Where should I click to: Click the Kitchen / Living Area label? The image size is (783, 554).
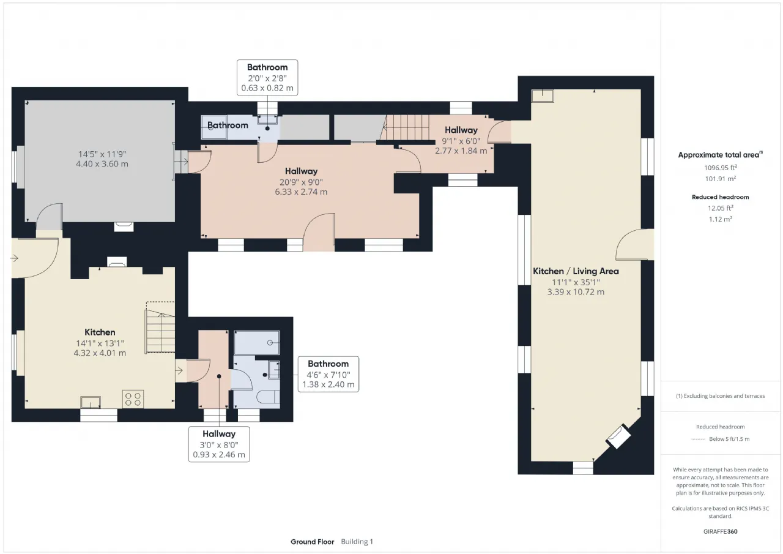coord(576,271)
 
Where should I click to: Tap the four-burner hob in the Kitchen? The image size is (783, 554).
coord(133,399)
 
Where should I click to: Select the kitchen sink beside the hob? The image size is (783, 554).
coord(91,402)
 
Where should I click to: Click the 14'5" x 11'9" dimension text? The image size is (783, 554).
coord(102,154)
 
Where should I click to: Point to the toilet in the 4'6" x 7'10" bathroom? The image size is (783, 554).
coord(268,397)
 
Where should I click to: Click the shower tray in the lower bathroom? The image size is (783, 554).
coord(256,342)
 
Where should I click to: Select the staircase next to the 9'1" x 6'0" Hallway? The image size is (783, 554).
coord(406,127)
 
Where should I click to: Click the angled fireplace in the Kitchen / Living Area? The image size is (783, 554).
coord(618,436)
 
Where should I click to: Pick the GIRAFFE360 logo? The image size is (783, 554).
coord(720,531)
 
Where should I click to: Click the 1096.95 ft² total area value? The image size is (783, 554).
coord(721,168)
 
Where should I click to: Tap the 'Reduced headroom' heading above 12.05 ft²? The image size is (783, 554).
coord(721,197)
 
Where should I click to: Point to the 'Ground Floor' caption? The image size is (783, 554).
coord(312,542)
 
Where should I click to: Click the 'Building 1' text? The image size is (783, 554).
coord(357,542)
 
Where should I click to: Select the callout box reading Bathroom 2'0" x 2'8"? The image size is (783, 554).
coord(267,77)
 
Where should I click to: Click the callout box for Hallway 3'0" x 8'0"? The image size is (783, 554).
coord(219,444)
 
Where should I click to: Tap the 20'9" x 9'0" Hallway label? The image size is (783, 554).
coord(302,171)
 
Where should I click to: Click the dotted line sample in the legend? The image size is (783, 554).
coord(698,440)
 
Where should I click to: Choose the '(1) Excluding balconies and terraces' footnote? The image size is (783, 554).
coord(721,396)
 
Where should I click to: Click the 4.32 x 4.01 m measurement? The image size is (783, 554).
coord(100,353)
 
